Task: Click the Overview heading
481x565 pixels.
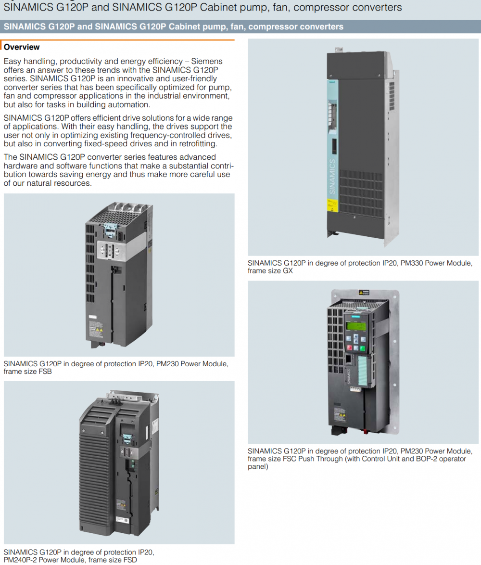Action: coord(22,47)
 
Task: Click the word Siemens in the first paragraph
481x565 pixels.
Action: coord(207,61)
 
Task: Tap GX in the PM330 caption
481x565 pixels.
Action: coord(287,270)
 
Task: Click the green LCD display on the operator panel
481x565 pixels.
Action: coord(355,327)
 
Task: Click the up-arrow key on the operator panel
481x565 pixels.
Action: coord(356,340)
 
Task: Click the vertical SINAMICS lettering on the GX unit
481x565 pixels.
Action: coord(331,176)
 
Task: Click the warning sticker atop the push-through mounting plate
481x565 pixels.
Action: coord(364,293)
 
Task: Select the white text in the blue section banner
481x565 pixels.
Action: coord(173,26)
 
